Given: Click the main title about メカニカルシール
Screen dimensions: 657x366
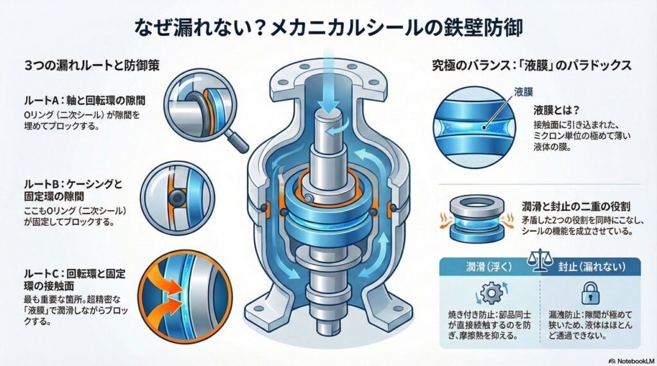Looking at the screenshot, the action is pyautogui.click(x=328, y=28).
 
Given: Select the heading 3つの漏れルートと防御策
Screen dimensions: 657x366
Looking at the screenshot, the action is pyautogui.click(x=92, y=66).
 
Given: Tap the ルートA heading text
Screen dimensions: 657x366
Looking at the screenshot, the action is pyautogui.click(x=84, y=101).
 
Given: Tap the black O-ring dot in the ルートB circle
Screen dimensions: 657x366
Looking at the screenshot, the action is pyautogui.click(x=177, y=196).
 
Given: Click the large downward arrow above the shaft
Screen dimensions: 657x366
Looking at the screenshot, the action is pyautogui.click(x=328, y=84).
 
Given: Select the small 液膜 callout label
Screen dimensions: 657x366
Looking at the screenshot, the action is pyautogui.click(x=524, y=92).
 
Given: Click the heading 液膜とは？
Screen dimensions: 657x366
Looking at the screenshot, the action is pyautogui.click(x=556, y=110).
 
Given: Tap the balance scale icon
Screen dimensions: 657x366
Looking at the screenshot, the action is pyautogui.click(x=539, y=261).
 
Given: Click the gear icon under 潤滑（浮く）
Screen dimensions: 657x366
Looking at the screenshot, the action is pyautogui.click(x=491, y=293).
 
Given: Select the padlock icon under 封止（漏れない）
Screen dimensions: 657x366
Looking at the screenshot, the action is pyautogui.click(x=590, y=293).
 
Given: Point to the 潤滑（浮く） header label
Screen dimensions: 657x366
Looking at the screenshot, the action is pyautogui.click(x=489, y=267).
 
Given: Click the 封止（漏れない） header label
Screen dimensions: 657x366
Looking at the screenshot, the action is pyautogui.click(x=591, y=267).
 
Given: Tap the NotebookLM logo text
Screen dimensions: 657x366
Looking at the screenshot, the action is pyautogui.click(x=633, y=361).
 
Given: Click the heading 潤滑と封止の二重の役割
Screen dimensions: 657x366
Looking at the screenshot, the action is pyautogui.click(x=576, y=206).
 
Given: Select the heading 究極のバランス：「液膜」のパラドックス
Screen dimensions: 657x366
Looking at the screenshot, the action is pyautogui.click(x=532, y=66).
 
